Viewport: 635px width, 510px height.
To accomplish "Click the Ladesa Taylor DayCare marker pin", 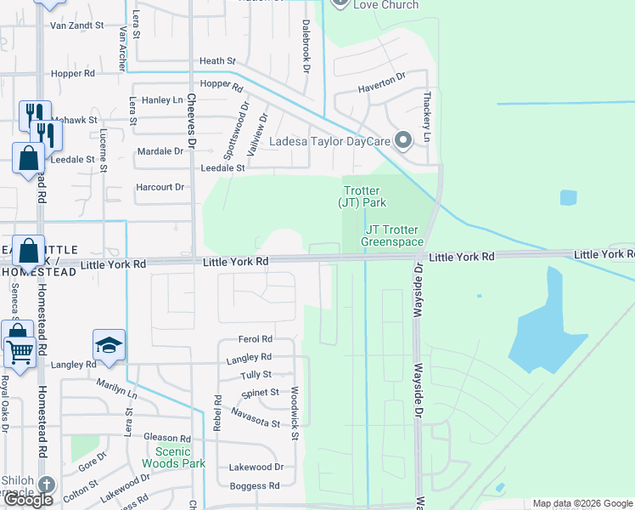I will pos(403,140).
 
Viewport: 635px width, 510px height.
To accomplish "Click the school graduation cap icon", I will pos(109,345).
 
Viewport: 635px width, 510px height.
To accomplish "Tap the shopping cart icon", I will pos(18,350).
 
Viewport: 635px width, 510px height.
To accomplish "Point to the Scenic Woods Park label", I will pos(179,457).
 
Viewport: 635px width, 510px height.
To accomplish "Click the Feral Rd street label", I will pos(255,339).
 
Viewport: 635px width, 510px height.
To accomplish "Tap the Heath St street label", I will pos(217,61).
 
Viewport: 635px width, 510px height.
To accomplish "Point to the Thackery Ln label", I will pos(429,117).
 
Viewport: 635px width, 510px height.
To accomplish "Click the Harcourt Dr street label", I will pos(160,187).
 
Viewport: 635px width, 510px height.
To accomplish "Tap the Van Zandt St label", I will pos(76,25).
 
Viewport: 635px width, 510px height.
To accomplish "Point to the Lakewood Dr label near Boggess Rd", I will pos(255,467).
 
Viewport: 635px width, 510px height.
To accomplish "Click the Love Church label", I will pos(386,5).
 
